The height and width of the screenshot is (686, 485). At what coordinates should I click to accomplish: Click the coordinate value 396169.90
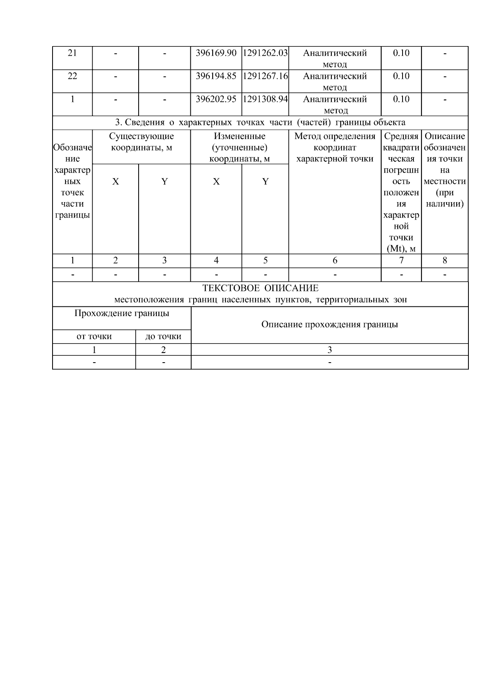coord(216,53)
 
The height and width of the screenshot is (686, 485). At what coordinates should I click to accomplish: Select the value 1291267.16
coord(265,76)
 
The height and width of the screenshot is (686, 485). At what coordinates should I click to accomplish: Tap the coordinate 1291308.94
coord(265,99)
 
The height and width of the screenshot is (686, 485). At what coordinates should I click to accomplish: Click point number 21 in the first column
coord(72,53)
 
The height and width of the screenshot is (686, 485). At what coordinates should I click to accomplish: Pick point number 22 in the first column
coord(72,76)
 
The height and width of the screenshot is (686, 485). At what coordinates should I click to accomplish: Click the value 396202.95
coord(216,99)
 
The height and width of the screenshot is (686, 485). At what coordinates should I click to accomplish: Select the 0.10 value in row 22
coord(401,76)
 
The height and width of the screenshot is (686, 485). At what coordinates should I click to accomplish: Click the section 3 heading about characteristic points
coord(260,122)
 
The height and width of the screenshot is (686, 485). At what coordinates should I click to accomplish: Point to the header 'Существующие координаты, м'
coord(141,142)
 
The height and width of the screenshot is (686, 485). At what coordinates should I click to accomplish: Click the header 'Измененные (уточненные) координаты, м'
coord(240,148)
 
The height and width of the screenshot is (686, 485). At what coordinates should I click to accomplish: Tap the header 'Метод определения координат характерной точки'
coord(335,148)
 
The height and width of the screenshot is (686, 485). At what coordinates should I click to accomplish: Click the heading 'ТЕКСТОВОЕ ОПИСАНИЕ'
coord(260,288)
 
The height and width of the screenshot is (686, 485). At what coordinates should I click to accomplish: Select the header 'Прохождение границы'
coord(122,313)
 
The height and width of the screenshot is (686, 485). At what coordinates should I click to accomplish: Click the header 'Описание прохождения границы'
coord(329,325)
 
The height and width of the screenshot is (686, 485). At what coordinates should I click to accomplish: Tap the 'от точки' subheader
coord(94,336)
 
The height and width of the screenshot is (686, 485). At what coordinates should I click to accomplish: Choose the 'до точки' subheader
coord(163,336)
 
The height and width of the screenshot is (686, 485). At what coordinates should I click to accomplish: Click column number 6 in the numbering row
coord(335,261)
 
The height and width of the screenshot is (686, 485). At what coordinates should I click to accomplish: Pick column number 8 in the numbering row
coord(445,261)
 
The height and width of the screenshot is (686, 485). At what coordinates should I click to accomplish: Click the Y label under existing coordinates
coord(164,182)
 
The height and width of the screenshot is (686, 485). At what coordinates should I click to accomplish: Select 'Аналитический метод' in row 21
coord(335,58)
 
